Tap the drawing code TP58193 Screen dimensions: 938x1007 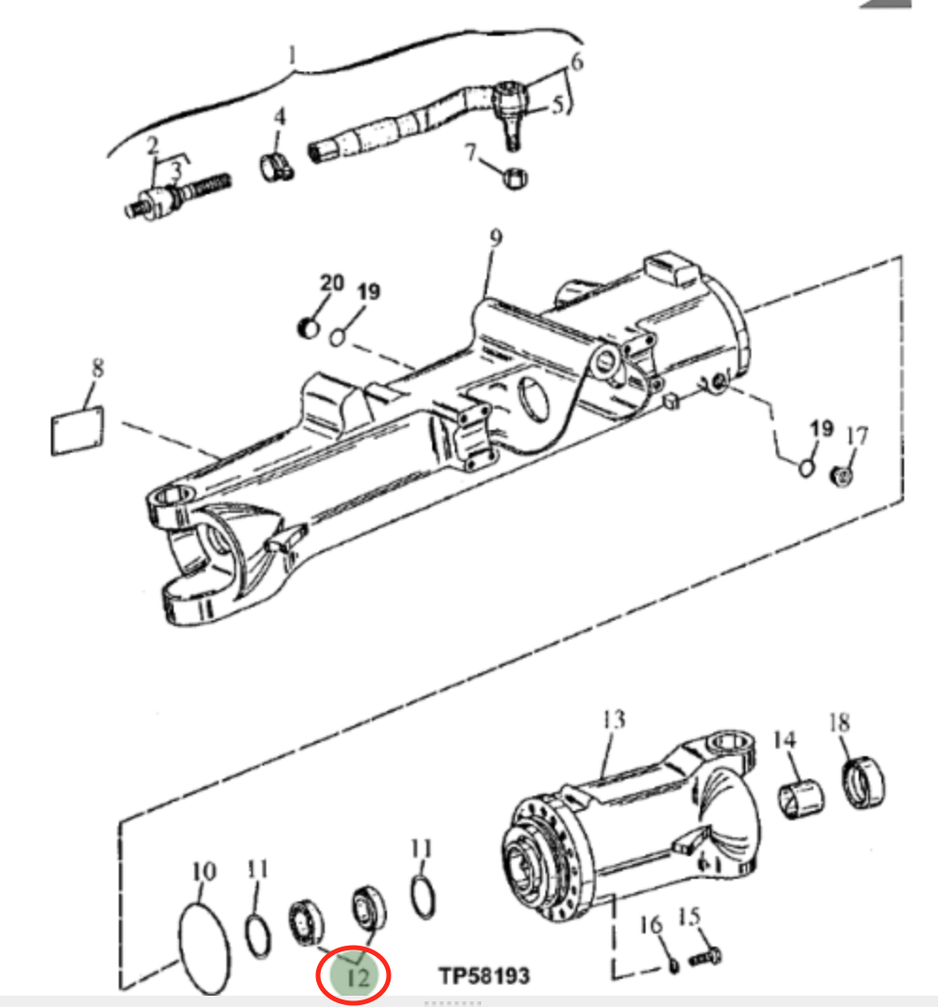coord(484,976)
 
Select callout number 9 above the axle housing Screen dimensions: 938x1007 coord(495,238)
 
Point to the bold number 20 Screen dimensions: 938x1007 coord(332,283)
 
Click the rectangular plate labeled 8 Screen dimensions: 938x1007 coord(77,431)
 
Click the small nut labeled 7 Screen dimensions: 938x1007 coord(515,177)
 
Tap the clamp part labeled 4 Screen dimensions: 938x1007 coord(276,167)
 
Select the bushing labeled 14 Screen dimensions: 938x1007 coord(801,799)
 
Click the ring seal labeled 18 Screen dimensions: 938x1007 coord(863,783)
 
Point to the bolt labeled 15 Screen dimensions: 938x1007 coord(705,958)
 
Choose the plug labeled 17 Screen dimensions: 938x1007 coord(842,476)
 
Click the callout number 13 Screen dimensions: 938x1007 coord(613,720)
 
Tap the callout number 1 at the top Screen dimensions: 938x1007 coord(292,56)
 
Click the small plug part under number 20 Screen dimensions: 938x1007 coord(310,327)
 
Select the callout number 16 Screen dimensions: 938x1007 coord(650,925)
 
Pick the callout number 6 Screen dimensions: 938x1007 coord(577,62)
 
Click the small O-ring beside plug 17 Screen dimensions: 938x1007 coord(807,467)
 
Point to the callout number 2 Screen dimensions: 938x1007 coord(152,145)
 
